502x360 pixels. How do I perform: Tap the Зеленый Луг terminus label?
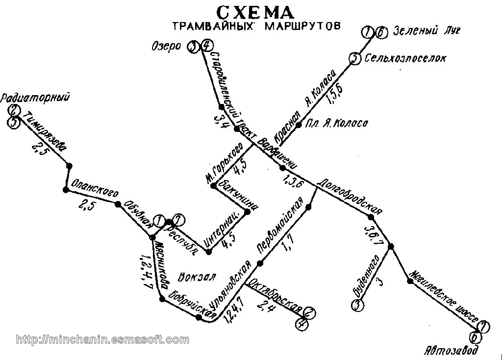click(x=427, y=32)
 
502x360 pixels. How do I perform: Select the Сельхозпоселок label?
click(x=405, y=58)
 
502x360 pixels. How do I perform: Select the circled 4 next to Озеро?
click(x=207, y=46)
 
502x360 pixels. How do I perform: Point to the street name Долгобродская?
click(x=349, y=197)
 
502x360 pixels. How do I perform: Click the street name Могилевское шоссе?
click(x=443, y=298)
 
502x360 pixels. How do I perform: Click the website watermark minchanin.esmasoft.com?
click(x=102, y=339)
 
